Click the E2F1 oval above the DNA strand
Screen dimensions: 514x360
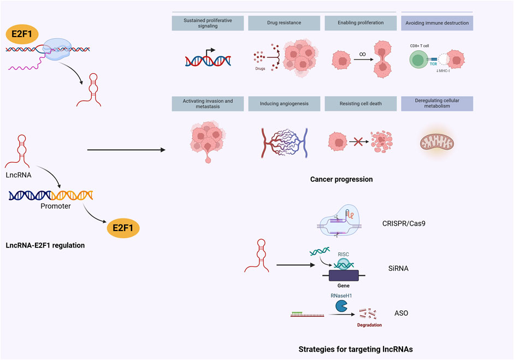[x=22, y=34]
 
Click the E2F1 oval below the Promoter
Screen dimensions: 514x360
[x=123, y=228]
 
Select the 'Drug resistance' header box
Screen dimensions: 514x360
[x=284, y=23]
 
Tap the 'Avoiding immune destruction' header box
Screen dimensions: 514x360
[x=437, y=23]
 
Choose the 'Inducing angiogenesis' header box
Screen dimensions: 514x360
[x=284, y=104]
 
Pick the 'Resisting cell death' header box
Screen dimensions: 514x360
[x=361, y=104]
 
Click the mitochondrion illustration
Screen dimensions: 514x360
[x=437, y=142]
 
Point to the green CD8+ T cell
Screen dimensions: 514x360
[x=418, y=60]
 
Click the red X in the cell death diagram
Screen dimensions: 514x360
[x=358, y=142]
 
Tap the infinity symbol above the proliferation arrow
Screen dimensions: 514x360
[x=362, y=55]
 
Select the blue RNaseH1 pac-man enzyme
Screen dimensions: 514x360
[x=341, y=306]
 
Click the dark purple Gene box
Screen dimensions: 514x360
[x=344, y=275]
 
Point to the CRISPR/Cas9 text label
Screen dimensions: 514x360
[x=404, y=223]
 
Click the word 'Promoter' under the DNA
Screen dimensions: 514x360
[x=56, y=206]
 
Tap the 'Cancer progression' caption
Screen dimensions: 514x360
[x=341, y=179]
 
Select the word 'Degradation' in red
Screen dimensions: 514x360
[x=369, y=325]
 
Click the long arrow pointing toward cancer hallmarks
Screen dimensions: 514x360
[x=126, y=150]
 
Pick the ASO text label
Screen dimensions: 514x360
[x=401, y=313]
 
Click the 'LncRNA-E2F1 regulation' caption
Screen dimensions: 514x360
[x=45, y=245]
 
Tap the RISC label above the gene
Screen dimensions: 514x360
[x=344, y=255]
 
